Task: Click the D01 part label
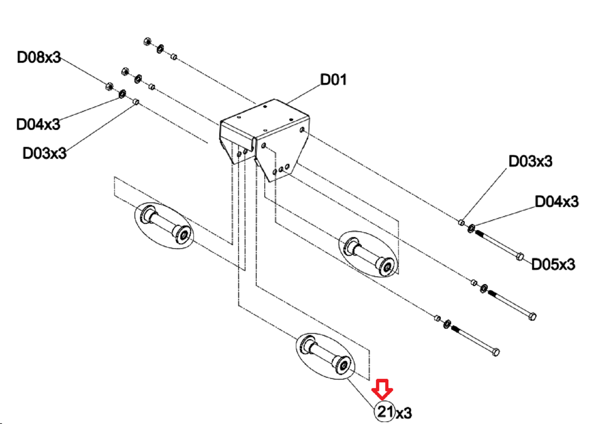click(333, 79)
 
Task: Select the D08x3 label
click(39, 57)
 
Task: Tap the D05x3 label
click(553, 264)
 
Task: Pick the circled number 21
click(385, 411)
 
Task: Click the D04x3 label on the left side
click(38, 124)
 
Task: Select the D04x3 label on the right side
click(557, 201)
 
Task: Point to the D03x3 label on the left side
click(44, 153)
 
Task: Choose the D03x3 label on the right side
click(531, 161)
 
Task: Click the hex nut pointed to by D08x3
click(109, 86)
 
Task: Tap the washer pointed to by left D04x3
click(122, 94)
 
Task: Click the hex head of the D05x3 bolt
click(520, 257)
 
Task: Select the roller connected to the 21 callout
click(325, 356)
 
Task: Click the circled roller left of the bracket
click(164, 225)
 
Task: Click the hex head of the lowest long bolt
click(495, 352)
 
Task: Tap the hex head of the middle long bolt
click(532, 316)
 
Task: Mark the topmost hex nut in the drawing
click(147, 41)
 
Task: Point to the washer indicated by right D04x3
click(471, 228)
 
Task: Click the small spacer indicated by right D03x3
click(461, 222)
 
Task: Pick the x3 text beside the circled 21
click(404, 414)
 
